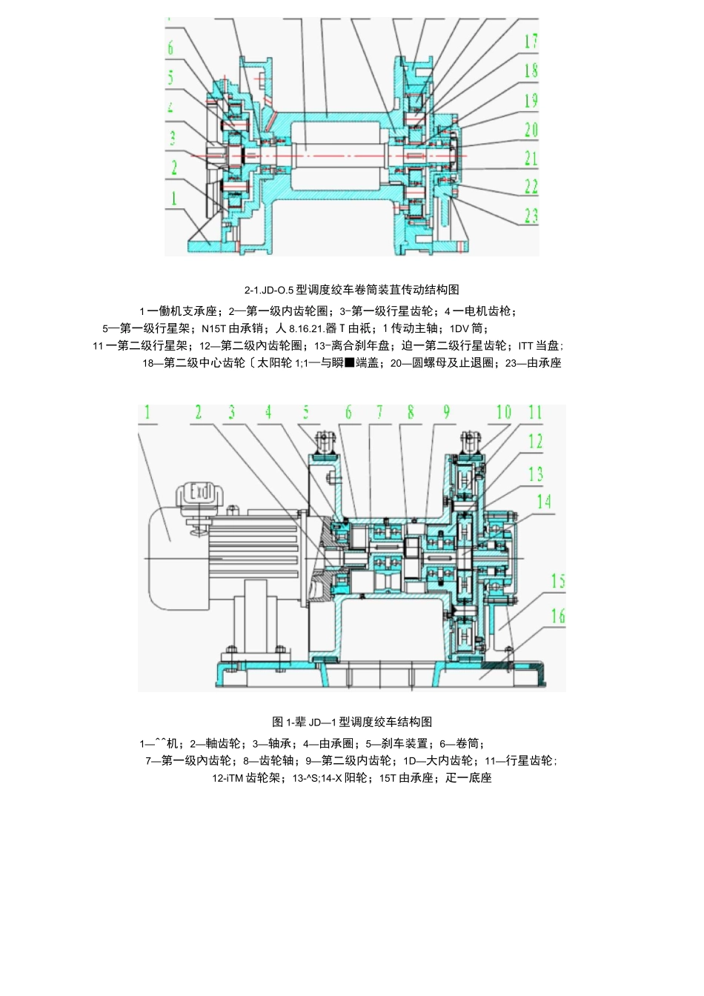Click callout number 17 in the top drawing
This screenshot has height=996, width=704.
[x=531, y=41]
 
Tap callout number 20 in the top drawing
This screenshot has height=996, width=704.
[x=531, y=130]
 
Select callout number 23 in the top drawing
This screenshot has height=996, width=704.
[x=531, y=216]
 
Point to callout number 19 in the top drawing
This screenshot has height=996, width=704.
[x=531, y=100]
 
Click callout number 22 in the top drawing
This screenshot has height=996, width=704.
[x=531, y=186]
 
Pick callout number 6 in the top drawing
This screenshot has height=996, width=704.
[x=170, y=49]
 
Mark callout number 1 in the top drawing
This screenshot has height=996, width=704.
[x=174, y=198]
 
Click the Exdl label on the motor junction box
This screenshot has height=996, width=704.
[x=199, y=491]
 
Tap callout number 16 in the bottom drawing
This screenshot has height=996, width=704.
[x=557, y=615]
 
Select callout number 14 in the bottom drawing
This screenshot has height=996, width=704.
[x=544, y=502]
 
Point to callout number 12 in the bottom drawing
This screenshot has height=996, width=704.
[x=535, y=442]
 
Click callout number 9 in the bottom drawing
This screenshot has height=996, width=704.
[x=446, y=412]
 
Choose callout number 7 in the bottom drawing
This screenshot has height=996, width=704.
[x=379, y=412]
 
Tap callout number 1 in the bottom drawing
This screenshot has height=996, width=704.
[x=147, y=412]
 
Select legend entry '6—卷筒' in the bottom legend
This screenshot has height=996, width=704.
[x=462, y=743]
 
